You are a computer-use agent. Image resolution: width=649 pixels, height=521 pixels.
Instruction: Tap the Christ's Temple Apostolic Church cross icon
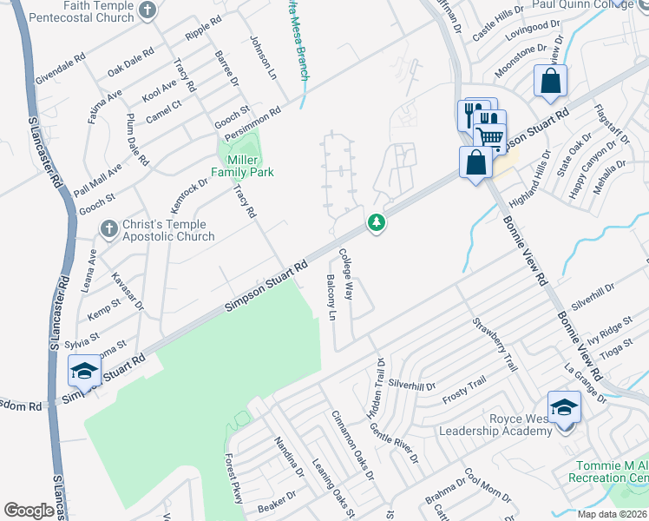[108, 229]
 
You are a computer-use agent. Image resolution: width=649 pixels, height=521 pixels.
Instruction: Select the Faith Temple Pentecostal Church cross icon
[147, 10]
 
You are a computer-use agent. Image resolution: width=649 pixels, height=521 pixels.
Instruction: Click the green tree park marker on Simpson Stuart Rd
[377, 224]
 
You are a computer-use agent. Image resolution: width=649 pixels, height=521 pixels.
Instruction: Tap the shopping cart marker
[489, 135]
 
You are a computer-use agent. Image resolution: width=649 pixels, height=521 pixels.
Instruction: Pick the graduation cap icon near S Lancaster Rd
[83, 371]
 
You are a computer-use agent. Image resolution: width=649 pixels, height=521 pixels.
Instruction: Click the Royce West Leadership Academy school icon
[563, 407]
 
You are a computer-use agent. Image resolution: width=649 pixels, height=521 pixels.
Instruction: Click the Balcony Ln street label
[331, 297]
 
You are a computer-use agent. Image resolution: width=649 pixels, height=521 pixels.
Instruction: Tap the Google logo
[29, 511]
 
